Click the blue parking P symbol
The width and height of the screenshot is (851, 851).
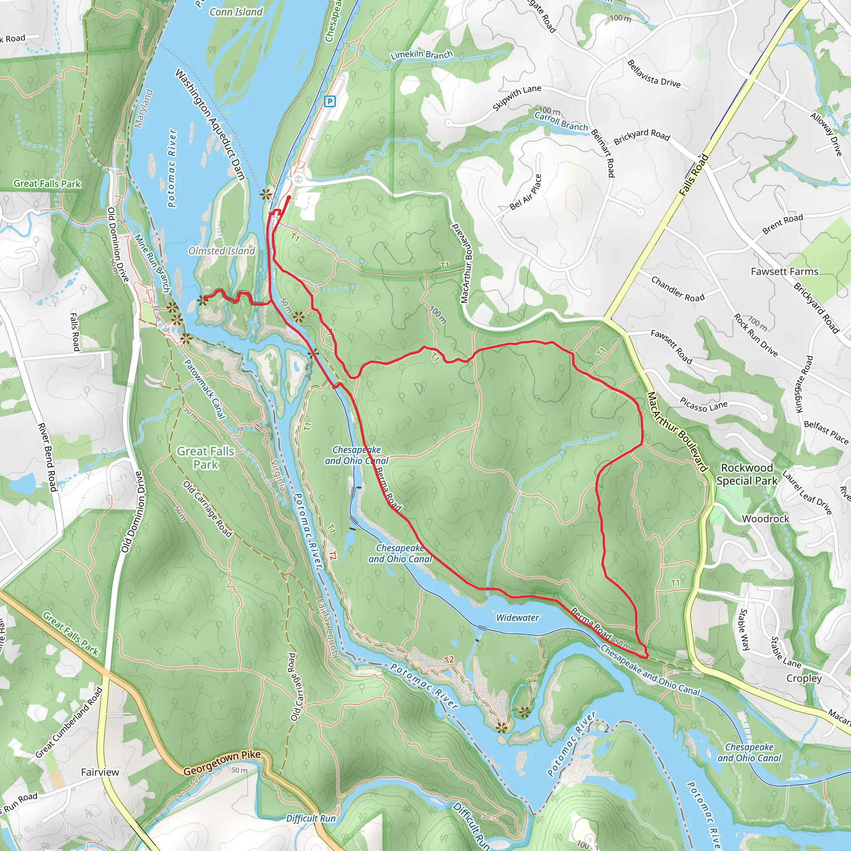pyautogui.click(x=330, y=102)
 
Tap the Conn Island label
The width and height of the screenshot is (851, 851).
pyautogui.click(x=236, y=12)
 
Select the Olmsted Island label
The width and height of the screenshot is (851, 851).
pyautogui.click(x=221, y=251)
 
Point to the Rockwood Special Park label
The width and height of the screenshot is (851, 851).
pyautogui.click(x=747, y=475)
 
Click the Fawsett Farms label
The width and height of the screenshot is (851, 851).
pyautogui.click(x=785, y=271)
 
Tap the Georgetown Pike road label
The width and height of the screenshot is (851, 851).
pyautogui.click(x=222, y=764)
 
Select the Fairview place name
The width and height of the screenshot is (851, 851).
pyautogui.click(x=100, y=772)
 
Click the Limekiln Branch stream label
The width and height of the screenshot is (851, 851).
pyautogui.click(x=421, y=55)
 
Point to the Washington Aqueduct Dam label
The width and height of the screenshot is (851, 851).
pyautogui.click(x=210, y=124)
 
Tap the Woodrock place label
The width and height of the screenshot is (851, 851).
pyautogui.click(x=765, y=519)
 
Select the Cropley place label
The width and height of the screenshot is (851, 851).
pyautogui.click(x=804, y=678)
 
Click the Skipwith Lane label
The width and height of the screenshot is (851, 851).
pyautogui.click(x=517, y=98)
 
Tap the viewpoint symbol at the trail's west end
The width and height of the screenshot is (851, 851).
pyautogui.click(x=203, y=300)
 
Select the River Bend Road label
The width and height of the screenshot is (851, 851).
pyautogui.click(x=47, y=457)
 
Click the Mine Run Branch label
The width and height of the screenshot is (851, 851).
pyautogui.click(x=152, y=263)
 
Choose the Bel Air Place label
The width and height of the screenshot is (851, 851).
pyautogui.click(x=526, y=192)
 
